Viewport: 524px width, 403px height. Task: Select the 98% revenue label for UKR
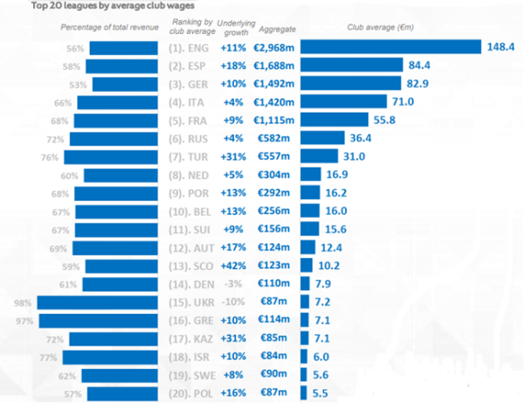coord(23,302)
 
